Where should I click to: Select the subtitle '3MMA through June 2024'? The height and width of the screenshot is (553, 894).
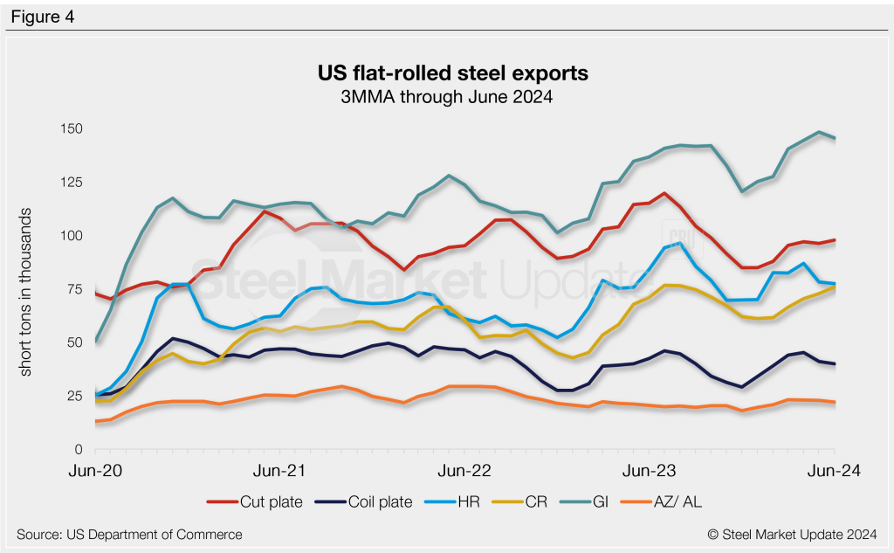[x=446, y=97]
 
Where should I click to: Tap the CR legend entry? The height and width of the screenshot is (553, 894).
[x=528, y=501]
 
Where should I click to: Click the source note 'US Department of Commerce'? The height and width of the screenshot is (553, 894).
[x=129, y=534]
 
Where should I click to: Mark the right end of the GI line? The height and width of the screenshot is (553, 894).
[x=835, y=138]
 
